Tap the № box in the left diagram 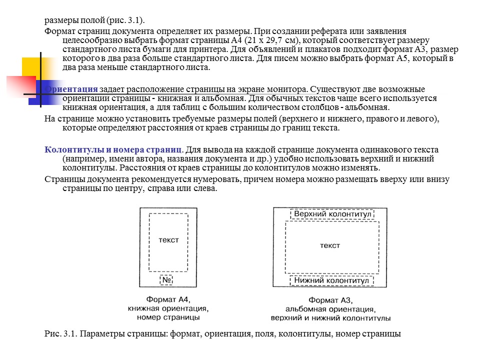167,280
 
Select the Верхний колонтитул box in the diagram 333,214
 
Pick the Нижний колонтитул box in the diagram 332,281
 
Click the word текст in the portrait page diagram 168,240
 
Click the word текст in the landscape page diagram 329,245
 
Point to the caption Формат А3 330,300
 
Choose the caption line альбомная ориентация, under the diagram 330,309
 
